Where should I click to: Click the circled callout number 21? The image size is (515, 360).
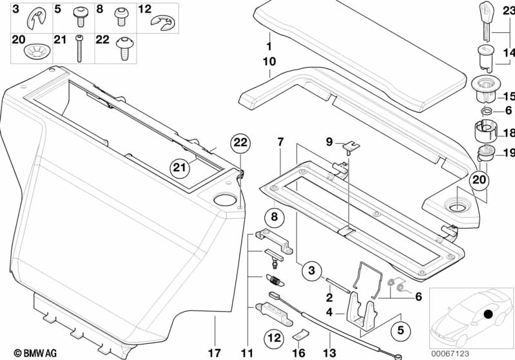[181, 168]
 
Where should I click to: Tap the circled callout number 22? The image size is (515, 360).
[240, 143]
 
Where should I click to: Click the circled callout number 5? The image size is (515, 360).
[400, 331]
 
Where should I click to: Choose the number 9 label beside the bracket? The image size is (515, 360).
[328, 142]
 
